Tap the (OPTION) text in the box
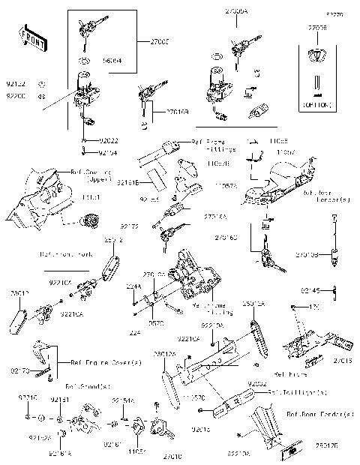pos(316,105)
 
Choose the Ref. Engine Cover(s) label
pos(101,362)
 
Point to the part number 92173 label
pos(21,370)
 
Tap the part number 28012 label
pos(19,294)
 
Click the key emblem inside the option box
pos(316,54)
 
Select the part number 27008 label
pos(317,27)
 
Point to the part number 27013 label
pos(344,361)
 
